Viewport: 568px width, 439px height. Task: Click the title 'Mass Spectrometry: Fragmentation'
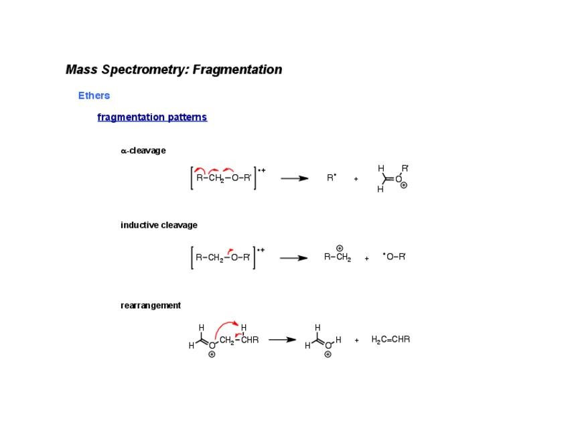point(173,70)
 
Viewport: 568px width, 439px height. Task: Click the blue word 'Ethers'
point(94,95)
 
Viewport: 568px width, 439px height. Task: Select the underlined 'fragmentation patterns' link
point(152,117)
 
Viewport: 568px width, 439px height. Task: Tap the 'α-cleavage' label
point(143,151)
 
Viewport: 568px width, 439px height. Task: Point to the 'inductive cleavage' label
point(159,225)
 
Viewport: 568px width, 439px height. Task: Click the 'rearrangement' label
point(151,306)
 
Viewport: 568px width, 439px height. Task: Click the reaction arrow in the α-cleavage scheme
point(294,178)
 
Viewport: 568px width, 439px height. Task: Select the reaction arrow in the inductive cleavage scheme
point(293,258)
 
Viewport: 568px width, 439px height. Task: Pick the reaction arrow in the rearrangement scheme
point(282,340)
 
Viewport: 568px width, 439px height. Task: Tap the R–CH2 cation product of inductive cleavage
point(337,257)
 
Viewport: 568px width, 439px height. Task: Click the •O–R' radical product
point(395,257)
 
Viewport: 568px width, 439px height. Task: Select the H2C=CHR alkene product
point(390,339)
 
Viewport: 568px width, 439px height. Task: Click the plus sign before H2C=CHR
point(356,340)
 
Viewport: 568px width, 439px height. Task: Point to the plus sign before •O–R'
point(367,258)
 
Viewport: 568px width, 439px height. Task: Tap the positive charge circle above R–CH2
point(340,248)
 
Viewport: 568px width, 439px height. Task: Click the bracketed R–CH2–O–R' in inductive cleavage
point(222,257)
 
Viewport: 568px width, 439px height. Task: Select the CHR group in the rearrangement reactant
point(250,340)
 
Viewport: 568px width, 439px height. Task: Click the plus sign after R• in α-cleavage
point(356,179)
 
